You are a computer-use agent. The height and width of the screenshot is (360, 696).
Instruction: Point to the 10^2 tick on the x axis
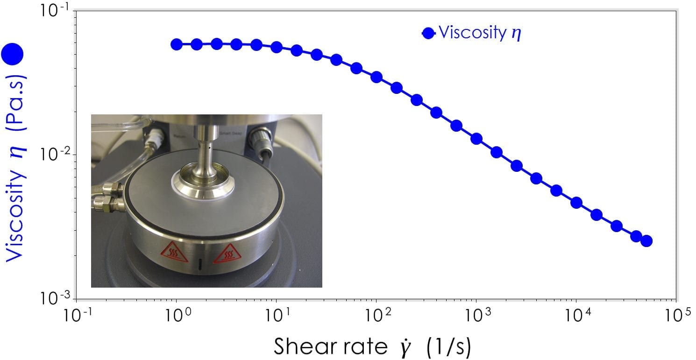pyautogui.click(x=376, y=318)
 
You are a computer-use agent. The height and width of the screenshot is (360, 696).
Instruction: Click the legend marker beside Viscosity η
pyautogui.click(x=428, y=33)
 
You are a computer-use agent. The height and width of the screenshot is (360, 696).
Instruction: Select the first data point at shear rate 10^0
pyautogui.click(x=177, y=44)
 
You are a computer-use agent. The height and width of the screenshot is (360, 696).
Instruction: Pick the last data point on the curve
pyautogui.click(x=646, y=241)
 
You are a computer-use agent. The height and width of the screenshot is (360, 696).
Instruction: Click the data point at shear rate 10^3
pyautogui.click(x=476, y=139)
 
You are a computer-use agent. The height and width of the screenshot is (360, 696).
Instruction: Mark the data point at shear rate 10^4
pyautogui.click(x=576, y=203)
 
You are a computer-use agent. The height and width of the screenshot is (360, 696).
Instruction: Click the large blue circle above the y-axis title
pyautogui.click(x=12, y=54)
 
